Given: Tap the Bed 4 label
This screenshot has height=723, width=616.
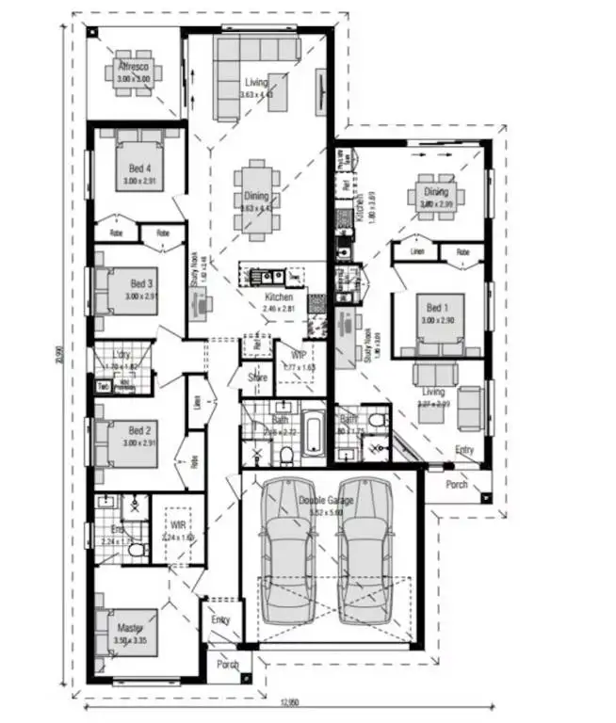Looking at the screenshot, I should [140, 169].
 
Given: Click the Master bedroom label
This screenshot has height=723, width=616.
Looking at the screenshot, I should [130, 627].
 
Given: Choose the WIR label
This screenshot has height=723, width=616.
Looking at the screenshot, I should [177, 525].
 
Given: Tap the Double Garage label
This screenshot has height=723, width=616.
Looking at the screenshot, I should [327, 501].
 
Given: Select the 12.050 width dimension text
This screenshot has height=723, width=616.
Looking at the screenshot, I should [289, 702].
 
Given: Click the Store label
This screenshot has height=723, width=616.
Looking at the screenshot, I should [257, 378].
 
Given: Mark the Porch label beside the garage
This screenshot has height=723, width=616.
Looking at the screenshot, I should [456, 485].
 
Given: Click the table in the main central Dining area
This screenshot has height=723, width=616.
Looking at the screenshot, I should [256, 197].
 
